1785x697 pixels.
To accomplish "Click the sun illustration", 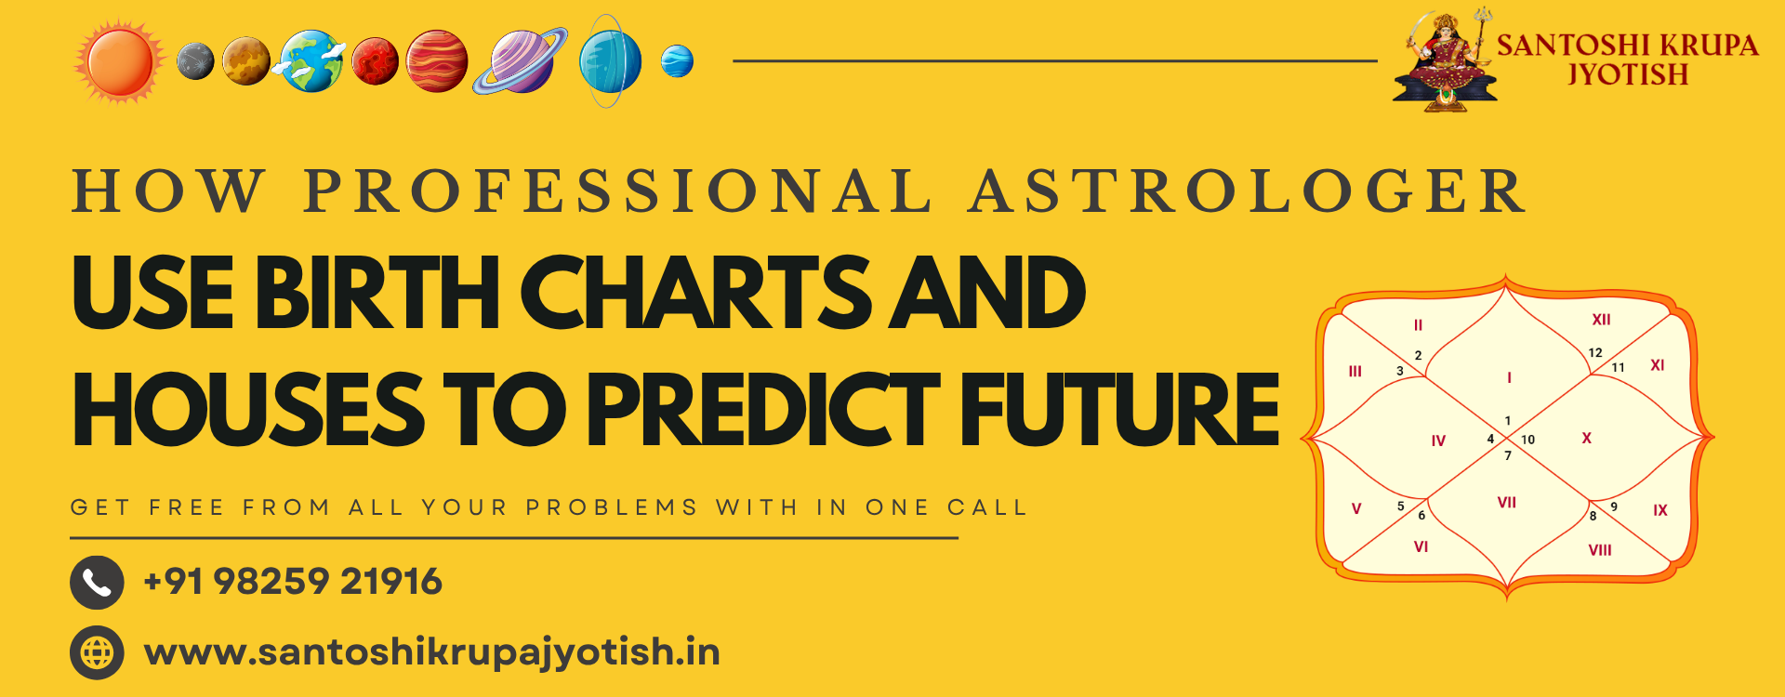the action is coord(120,61).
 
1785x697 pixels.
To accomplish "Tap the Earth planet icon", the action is coord(311,61).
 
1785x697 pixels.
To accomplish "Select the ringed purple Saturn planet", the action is coord(521,61).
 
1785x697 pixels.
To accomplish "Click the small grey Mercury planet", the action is coord(195,61).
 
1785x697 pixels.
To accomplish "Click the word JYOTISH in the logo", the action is coord(1628,74).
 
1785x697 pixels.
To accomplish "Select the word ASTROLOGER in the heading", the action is coord(1247,191).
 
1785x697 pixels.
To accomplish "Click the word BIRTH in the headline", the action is coord(378,293).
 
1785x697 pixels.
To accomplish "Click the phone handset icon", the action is coord(97,583).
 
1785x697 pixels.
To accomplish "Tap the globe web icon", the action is coord(97,652).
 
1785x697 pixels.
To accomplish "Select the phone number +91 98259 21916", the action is coord(293,582).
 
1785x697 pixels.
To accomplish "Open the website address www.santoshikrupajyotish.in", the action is coord(432,652).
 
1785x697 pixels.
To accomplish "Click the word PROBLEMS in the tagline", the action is coord(612,507).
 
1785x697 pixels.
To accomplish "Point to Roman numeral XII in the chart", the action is coord(1601,320).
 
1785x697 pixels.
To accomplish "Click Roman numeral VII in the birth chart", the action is coord(1507,503).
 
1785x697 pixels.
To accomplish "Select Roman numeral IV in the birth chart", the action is coord(1438,441).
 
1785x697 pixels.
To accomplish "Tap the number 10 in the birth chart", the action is coord(1527,440).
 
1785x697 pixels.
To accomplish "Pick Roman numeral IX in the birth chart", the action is coord(1660,510).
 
